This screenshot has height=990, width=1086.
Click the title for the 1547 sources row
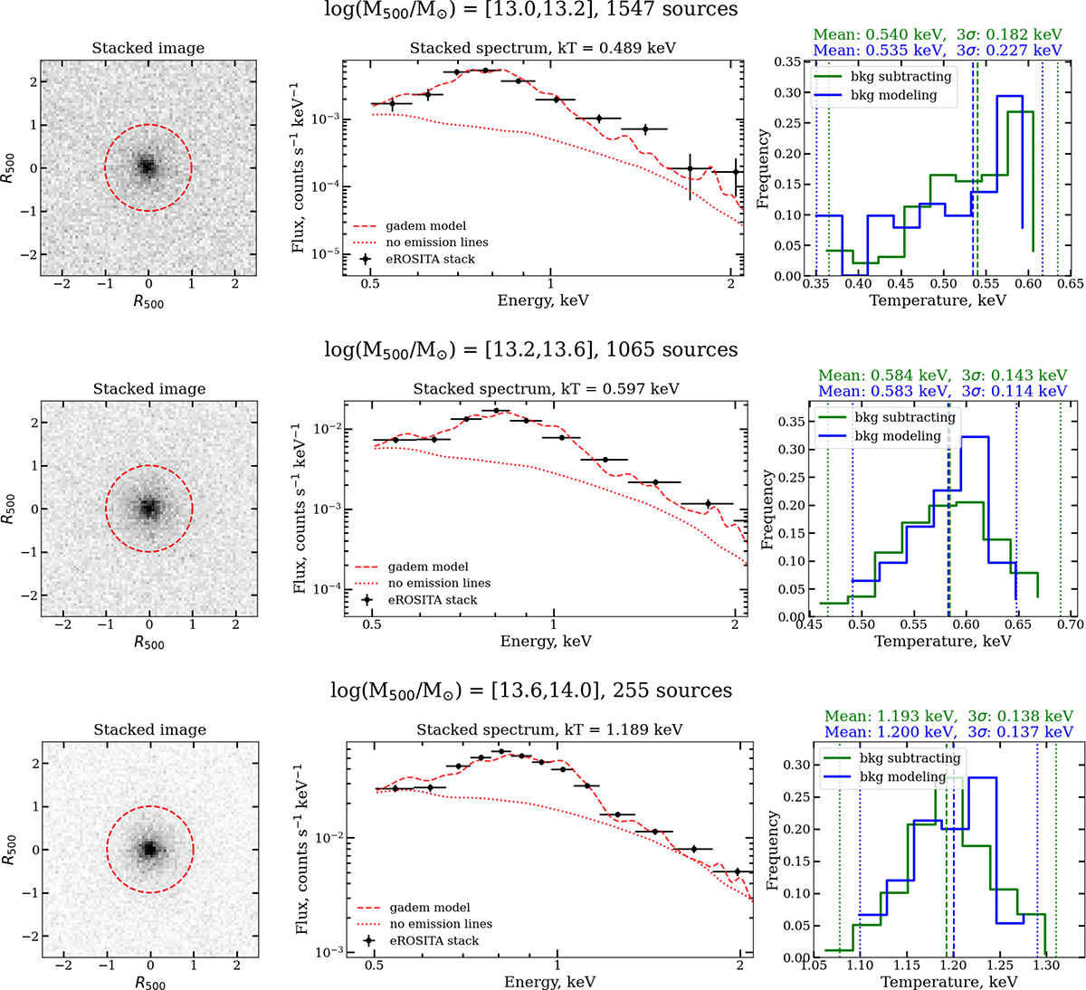coord(531,10)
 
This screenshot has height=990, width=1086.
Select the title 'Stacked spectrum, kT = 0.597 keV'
coord(547,389)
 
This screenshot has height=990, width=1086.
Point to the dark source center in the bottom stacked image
coord(149,849)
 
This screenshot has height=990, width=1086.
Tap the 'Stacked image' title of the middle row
coord(149,389)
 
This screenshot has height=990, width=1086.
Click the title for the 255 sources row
coord(529,691)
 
